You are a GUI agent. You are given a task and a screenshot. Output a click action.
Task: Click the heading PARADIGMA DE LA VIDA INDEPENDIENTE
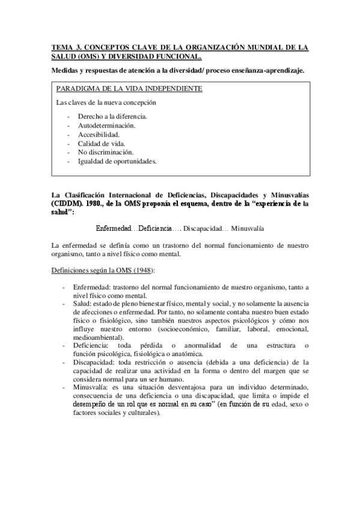[129, 89]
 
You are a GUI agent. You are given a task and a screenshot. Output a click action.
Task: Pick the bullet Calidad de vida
[101, 144]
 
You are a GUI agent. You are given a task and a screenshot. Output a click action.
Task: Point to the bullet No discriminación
[106, 153]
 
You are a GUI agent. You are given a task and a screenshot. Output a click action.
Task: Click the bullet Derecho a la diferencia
[112, 117]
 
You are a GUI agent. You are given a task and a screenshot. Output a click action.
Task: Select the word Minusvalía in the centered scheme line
[248, 229]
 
